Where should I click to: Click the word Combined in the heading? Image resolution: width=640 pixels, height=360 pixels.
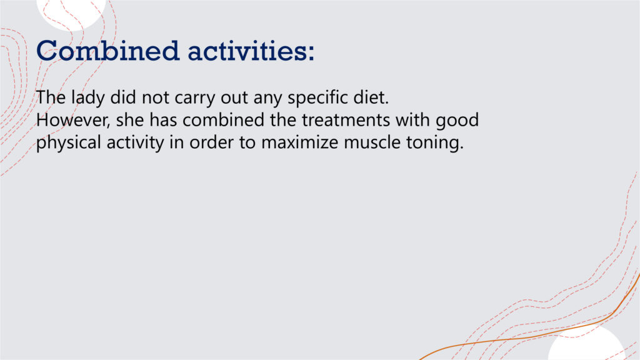point(107,51)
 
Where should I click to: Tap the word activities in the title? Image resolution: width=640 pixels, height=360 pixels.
point(247,51)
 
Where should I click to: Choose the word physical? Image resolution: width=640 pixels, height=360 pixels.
point(69,143)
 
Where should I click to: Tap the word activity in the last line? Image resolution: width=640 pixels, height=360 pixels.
point(135,143)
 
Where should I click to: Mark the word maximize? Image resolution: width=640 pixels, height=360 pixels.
point(300,142)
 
